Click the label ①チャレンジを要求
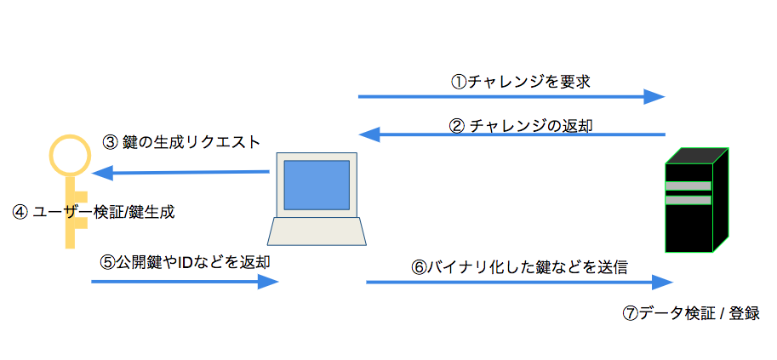click(520, 82)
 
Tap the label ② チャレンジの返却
click(521, 124)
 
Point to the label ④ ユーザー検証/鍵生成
click(94, 212)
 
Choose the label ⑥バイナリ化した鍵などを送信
click(519, 266)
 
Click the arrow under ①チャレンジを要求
click(511, 96)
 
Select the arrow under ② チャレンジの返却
click(511, 134)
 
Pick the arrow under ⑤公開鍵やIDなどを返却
click(185, 281)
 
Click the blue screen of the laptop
click(317, 185)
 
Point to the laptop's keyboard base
click(317, 232)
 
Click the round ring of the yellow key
click(69, 153)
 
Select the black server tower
click(697, 201)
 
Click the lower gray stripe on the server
click(688, 201)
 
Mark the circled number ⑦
click(631, 313)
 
